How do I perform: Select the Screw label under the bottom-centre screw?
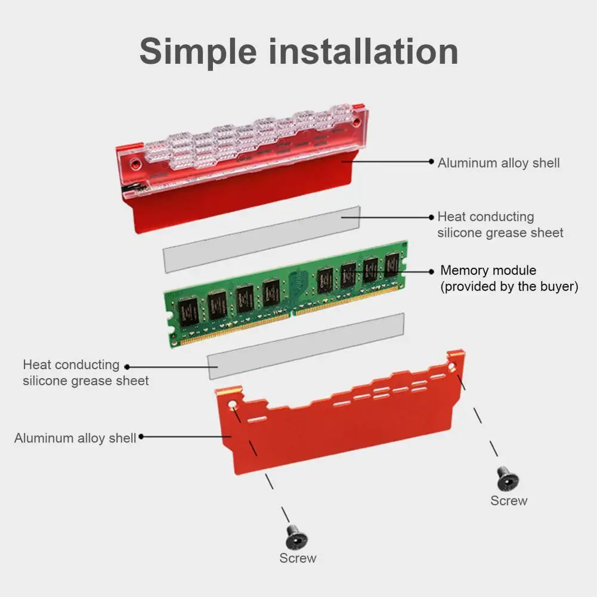[x=298, y=558]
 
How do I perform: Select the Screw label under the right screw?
[x=509, y=501]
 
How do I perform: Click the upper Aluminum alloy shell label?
[x=499, y=163]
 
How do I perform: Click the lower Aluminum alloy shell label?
[x=75, y=438]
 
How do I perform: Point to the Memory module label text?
[x=488, y=270]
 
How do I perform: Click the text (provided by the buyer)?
[x=509, y=286]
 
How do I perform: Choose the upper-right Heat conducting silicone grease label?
[x=500, y=224]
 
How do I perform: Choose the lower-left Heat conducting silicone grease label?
[x=85, y=372]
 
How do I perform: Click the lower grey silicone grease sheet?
[x=305, y=345]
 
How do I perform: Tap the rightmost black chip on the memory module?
[x=391, y=264]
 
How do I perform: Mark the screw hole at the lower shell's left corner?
[x=233, y=405]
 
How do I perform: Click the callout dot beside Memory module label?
[x=432, y=271]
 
